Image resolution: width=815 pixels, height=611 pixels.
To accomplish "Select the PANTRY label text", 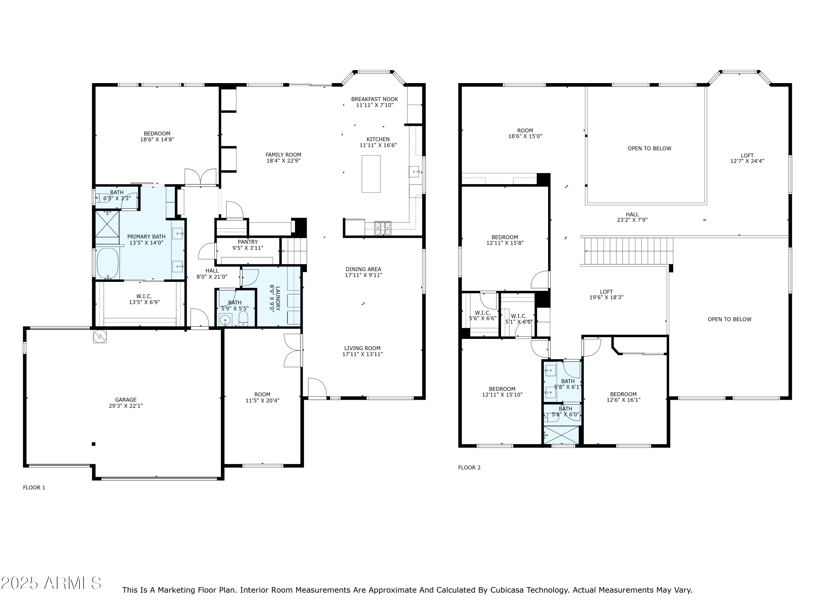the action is [x=247, y=242].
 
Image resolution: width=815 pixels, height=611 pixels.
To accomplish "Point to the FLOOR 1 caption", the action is [x=34, y=488].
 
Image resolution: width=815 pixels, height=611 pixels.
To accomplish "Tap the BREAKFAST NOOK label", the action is [x=374, y=99].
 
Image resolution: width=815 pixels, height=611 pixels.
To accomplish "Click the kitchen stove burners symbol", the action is [x=383, y=228].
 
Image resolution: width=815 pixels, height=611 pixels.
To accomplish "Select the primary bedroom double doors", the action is [x=200, y=177].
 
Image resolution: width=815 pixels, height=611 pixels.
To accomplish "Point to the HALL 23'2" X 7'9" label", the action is [x=632, y=217].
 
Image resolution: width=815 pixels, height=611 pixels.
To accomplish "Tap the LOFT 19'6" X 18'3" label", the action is [x=606, y=295].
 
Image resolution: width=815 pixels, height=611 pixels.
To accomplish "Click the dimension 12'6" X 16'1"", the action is [x=623, y=400].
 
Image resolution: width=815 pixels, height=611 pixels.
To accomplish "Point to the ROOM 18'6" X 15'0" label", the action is [x=525, y=133].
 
